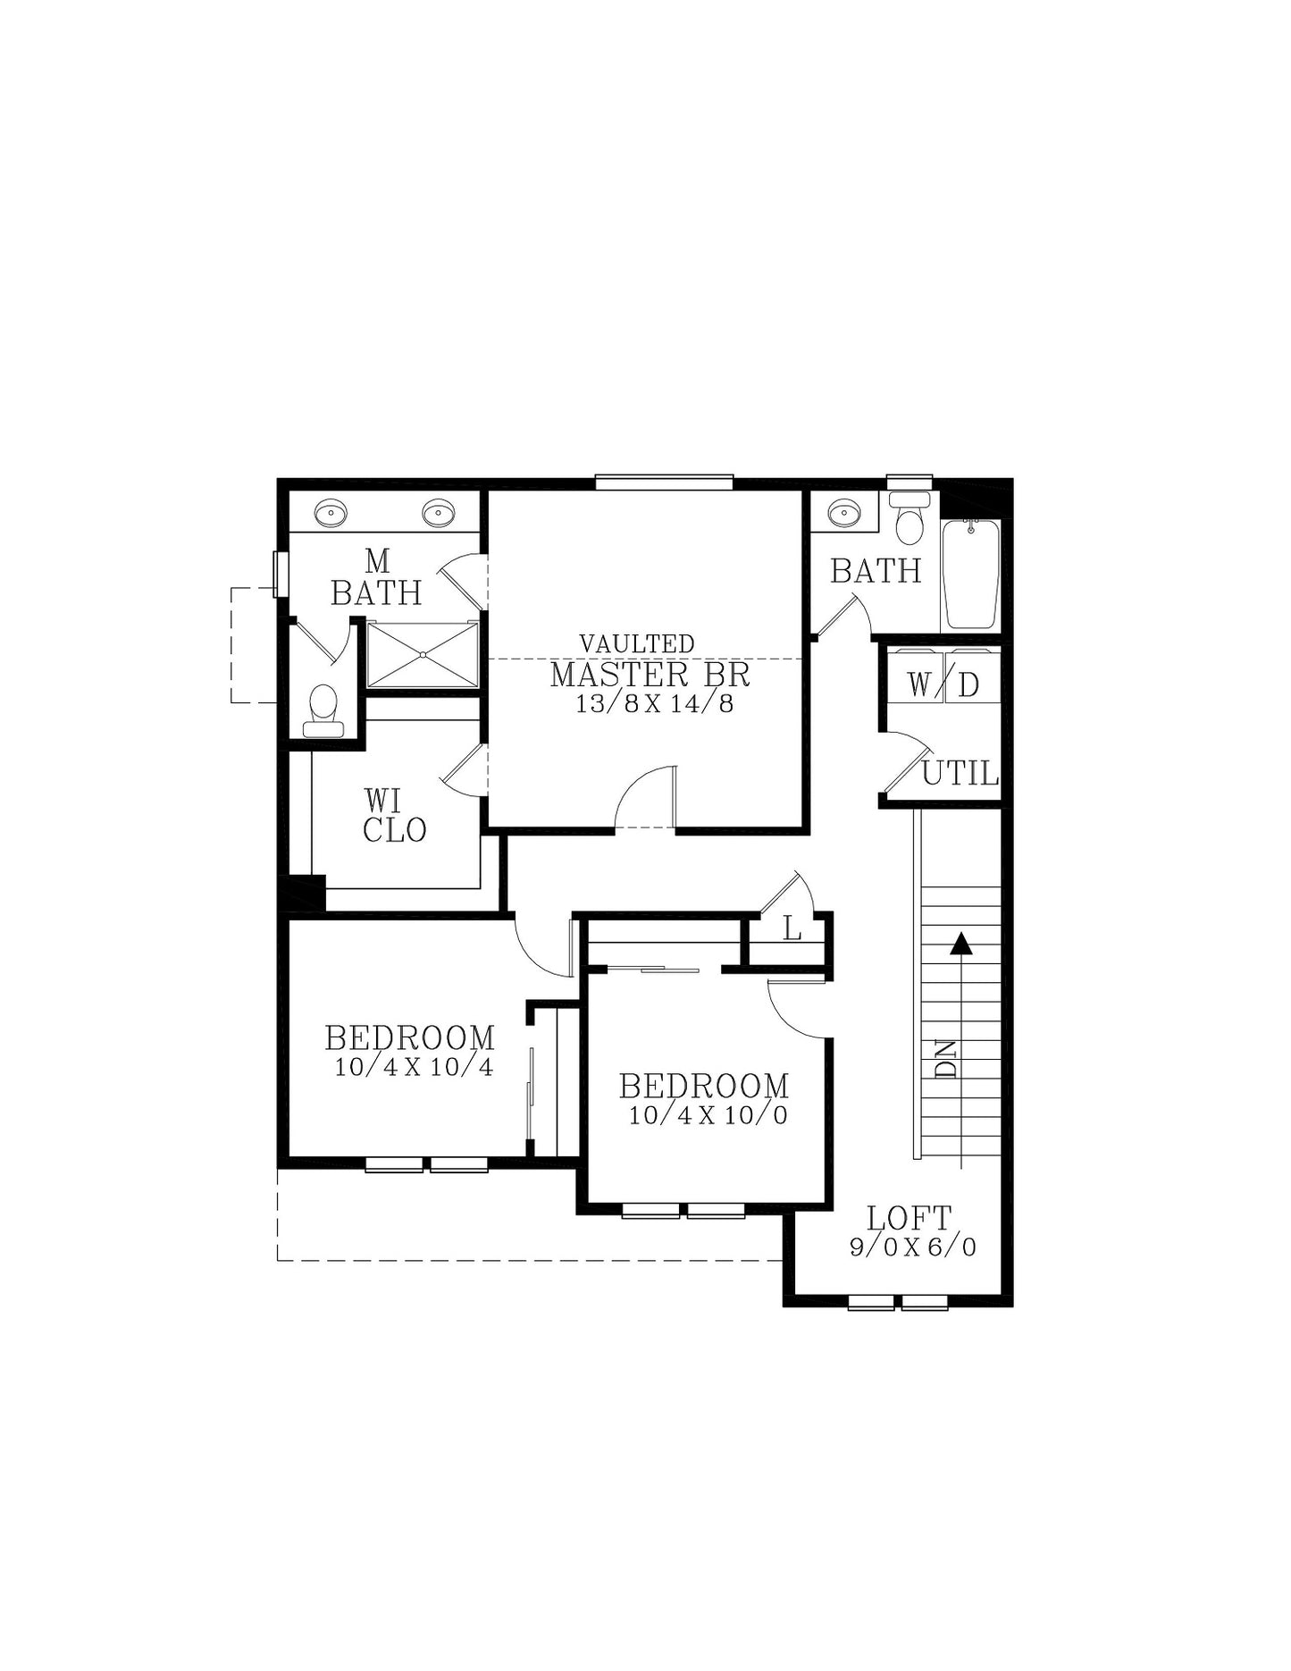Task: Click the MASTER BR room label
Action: click(650, 675)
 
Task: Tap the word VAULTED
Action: click(637, 643)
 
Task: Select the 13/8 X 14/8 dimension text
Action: click(654, 704)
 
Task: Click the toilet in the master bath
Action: click(323, 711)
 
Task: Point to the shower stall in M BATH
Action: click(423, 655)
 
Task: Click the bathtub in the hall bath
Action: click(971, 574)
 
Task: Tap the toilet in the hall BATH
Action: click(910, 517)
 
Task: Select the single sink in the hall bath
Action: click(843, 512)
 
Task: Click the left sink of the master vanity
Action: click(331, 512)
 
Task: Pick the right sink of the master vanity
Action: click(439, 512)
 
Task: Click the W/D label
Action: click(943, 684)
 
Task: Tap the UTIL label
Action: click(960, 773)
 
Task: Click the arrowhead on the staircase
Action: click(961, 944)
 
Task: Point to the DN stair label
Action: click(946, 1059)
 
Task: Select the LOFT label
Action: click(910, 1217)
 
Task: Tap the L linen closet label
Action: click(792, 929)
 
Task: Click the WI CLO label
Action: click(394, 815)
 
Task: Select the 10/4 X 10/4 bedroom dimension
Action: click(414, 1067)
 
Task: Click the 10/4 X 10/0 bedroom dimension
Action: click(708, 1115)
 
